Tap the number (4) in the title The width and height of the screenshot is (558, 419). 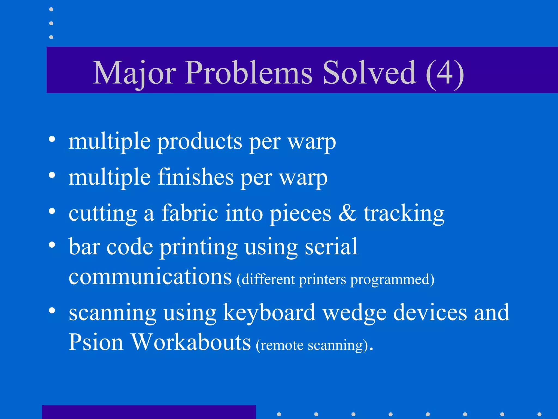(445, 73)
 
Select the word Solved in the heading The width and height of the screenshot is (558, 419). (369, 73)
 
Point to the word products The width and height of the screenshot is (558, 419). (199, 142)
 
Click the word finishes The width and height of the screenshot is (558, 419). (196, 177)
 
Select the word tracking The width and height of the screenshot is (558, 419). (404, 214)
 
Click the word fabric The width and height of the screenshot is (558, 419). (190, 213)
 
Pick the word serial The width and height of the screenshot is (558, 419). (331, 246)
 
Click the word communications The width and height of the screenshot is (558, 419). (150, 277)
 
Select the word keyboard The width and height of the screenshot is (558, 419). (269, 313)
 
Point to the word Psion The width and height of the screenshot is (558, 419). (96, 342)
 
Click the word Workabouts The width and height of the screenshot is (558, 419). (191, 342)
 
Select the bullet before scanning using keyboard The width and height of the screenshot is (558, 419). (52, 310)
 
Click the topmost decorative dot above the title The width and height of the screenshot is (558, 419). (51, 10)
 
